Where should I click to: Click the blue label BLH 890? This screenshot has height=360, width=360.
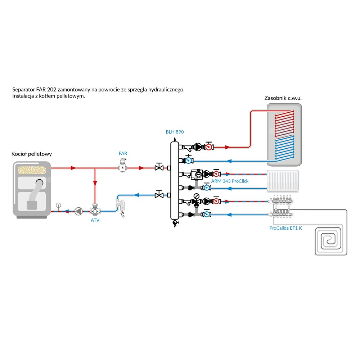(175, 132)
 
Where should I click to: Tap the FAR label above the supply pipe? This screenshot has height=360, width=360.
(123, 153)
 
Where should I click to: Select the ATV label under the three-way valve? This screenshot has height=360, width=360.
(95, 220)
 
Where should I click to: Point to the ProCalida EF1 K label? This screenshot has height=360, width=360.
(286, 228)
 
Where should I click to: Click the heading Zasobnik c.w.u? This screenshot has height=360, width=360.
(283, 98)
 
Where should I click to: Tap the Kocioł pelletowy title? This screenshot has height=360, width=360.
(32, 154)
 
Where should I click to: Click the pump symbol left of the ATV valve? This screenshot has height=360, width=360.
(78, 211)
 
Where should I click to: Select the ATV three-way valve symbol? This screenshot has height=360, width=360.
(95, 210)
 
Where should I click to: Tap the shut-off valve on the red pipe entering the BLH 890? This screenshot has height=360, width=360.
(158, 168)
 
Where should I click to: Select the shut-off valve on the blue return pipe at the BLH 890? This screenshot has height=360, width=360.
(158, 195)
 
